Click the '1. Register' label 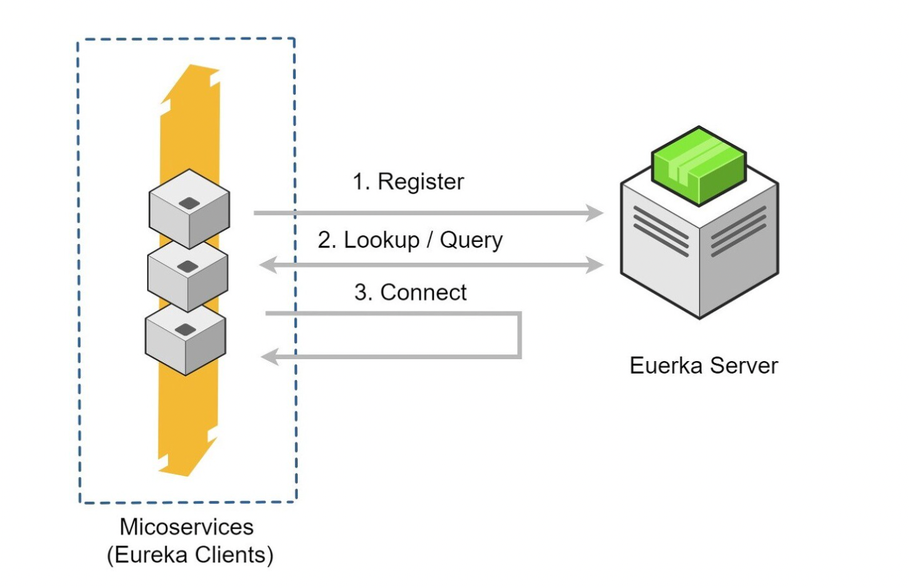[408, 182]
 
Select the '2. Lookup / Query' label [410, 240]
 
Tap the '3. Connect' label [411, 292]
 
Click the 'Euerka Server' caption [703, 365]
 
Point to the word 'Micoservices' [187, 527]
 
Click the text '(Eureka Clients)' [190, 555]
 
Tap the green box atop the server [698, 165]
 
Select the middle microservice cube [187, 276]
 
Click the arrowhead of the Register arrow [595, 213]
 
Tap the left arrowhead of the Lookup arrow [268, 265]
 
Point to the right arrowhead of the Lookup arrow [595, 265]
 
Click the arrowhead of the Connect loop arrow [270, 357]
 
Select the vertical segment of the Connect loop [519, 335]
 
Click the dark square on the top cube [189, 202]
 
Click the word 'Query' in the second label [471, 240]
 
